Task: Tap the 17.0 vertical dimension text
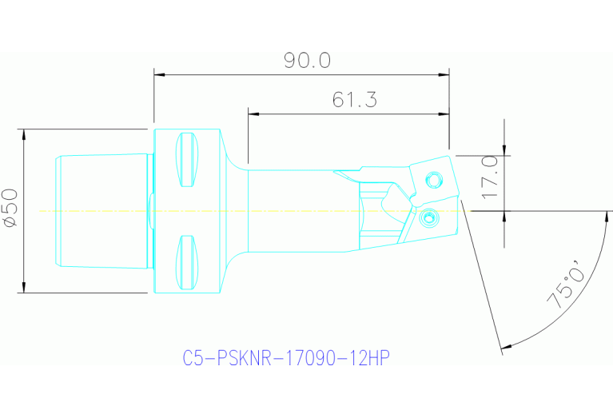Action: coord(489,177)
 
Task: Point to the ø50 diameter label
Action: coord(10,209)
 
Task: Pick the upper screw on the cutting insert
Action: coord(433,177)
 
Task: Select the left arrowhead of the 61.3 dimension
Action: coord(253,113)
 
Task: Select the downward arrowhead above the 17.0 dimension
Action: coord(504,147)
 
